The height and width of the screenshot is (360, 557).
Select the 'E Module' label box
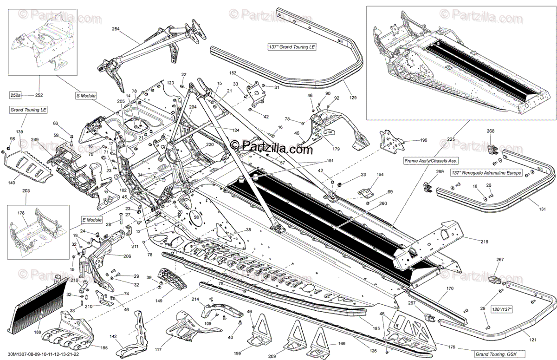91,220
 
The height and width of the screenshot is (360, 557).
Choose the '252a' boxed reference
16,95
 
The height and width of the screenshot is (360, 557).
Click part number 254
116,29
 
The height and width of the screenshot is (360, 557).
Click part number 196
423,140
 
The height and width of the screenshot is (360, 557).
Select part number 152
233,73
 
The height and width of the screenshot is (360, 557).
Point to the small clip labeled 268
492,148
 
